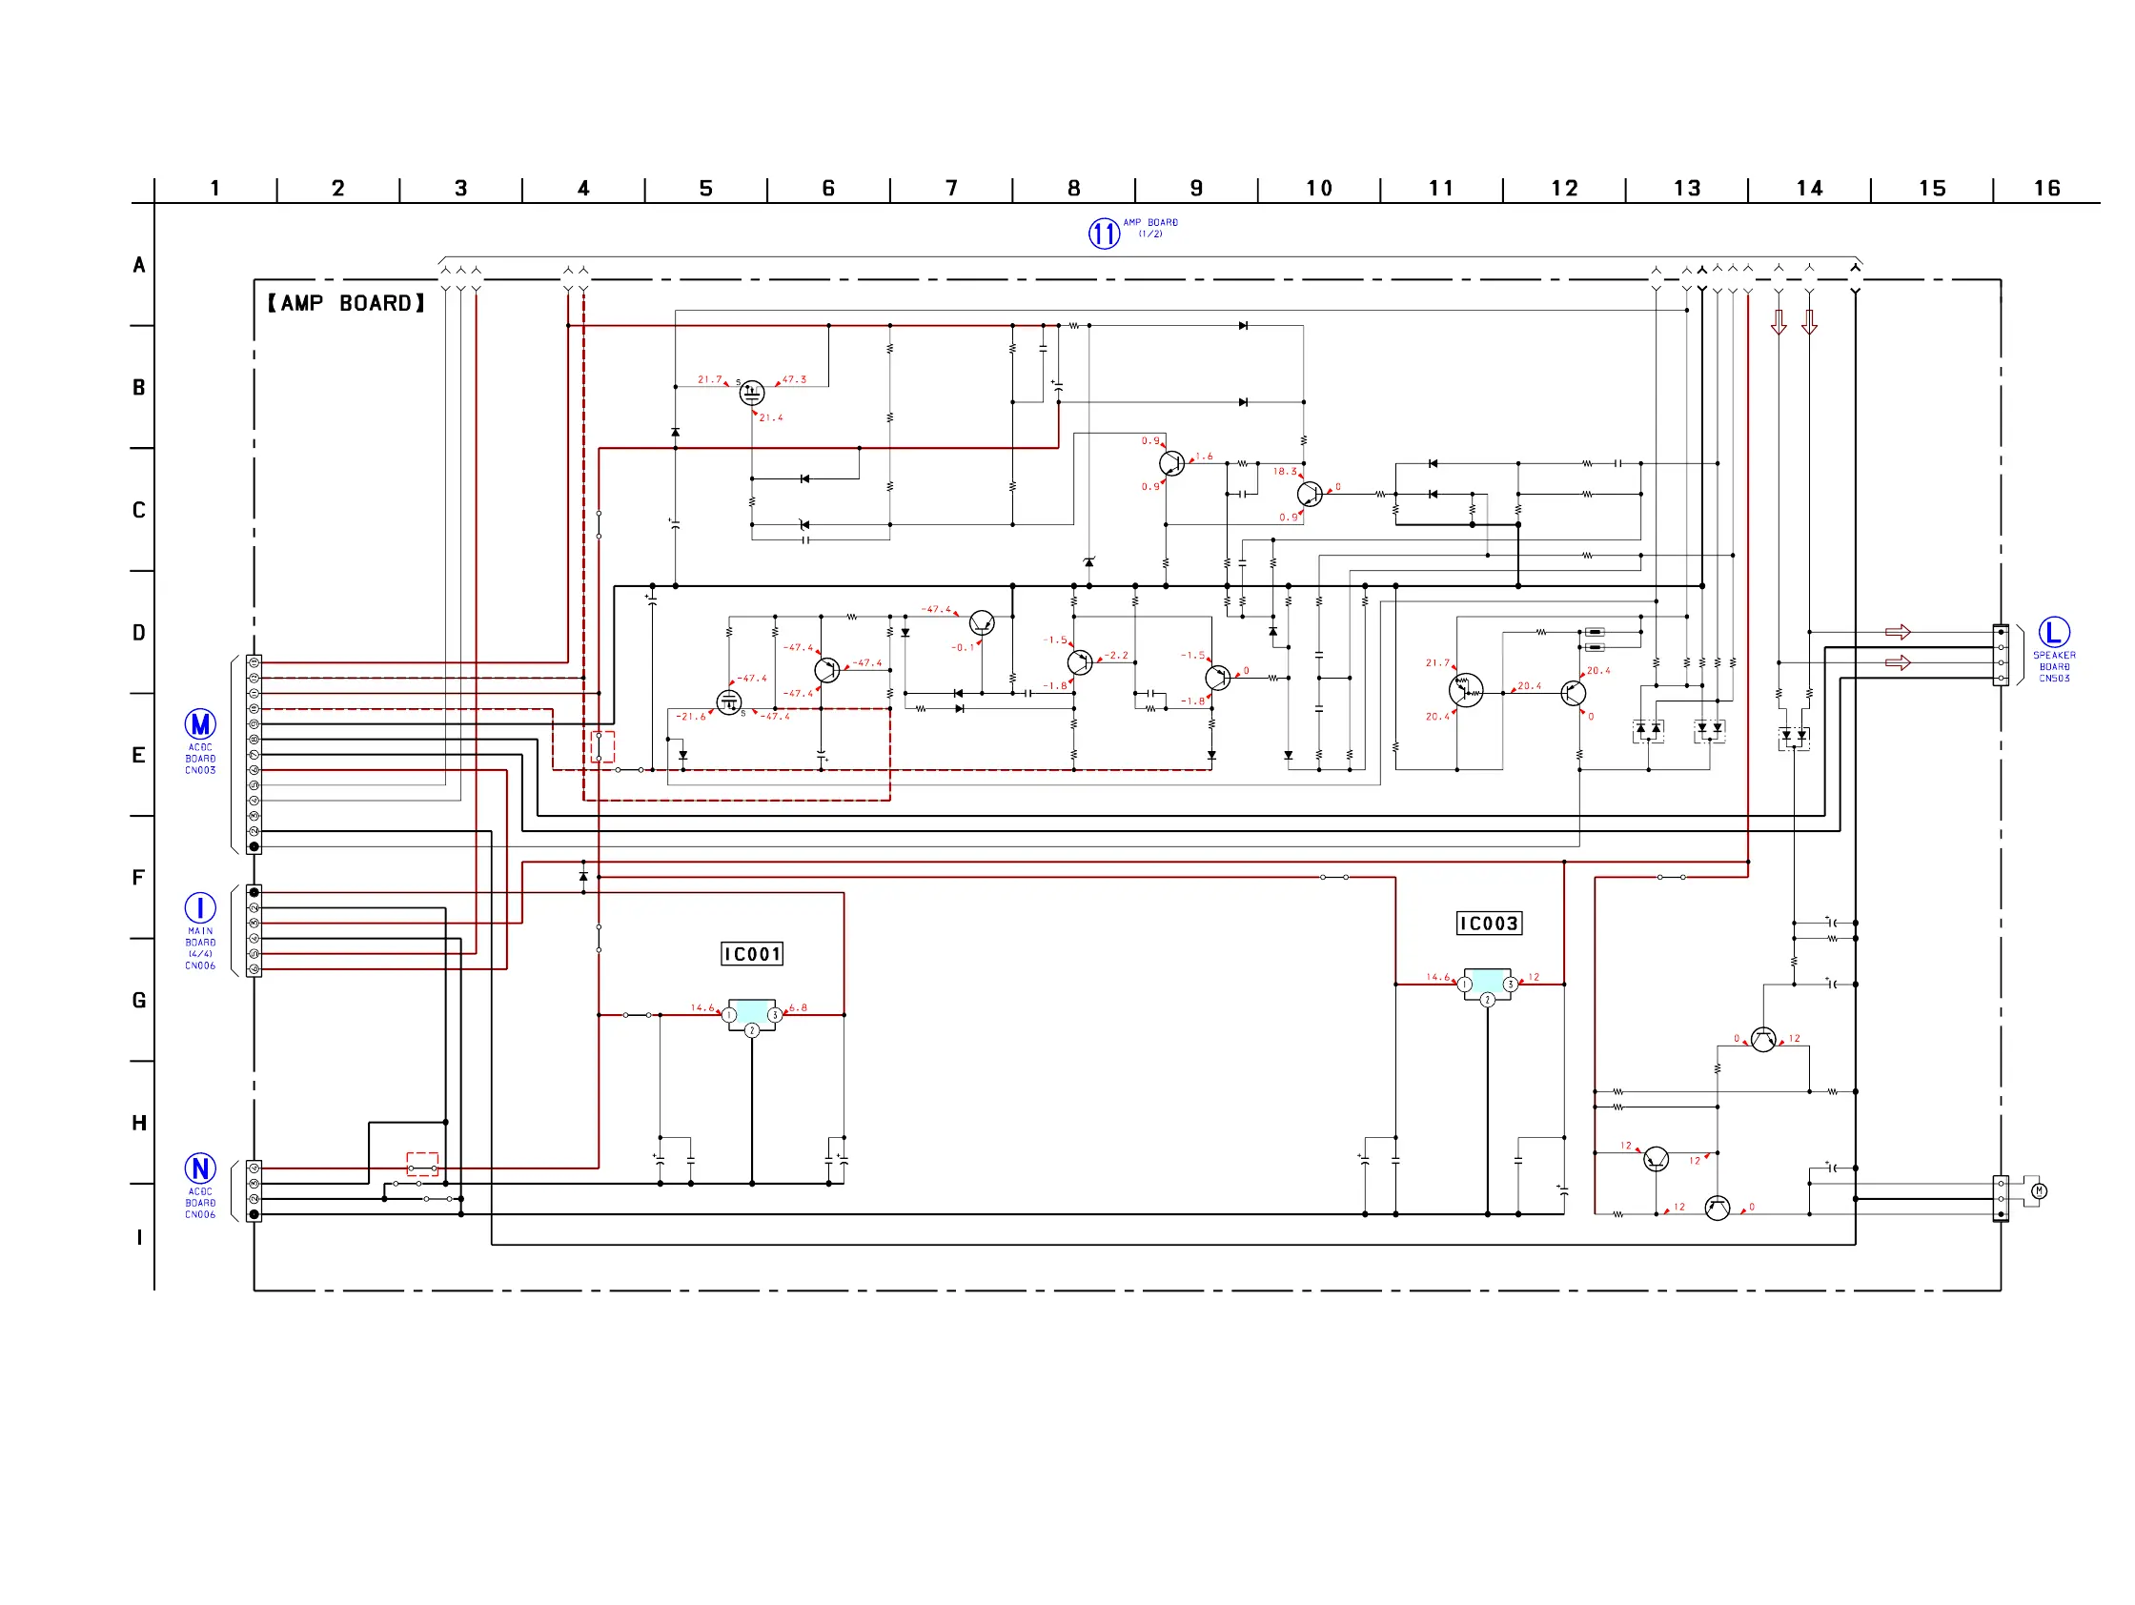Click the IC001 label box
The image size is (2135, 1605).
[x=752, y=954]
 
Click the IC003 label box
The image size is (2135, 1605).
[x=1489, y=924]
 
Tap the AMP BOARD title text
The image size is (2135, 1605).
[x=346, y=303]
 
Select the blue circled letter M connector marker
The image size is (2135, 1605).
[x=200, y=723]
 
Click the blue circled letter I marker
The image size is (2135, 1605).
[x=200, y=907]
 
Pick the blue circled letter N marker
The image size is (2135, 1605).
[x=200, y=1168]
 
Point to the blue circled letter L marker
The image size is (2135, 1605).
[x=2054, y=632]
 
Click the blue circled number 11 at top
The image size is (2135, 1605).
[x=1104, y=234]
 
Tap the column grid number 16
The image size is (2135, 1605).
[x=2046, y=188]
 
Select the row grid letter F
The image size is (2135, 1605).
[x=138, y=878]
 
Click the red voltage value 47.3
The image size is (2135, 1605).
[x=794, y=379]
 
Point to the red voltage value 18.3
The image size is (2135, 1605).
[x=1285, y=471]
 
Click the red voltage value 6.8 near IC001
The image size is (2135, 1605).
[x=798, y=1007]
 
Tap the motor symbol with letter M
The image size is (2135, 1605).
[x=2039, y=1191]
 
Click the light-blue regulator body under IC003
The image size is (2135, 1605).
[x=1488, y=982]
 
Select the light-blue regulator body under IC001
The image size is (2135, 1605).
[x=751, y=1012]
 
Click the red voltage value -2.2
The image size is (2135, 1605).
[x=1117, y=656]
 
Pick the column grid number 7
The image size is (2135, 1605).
[x=951, y=188]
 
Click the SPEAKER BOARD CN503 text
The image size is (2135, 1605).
[x=2054, y=666]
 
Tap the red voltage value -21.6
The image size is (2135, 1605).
[x=691, y=716]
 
